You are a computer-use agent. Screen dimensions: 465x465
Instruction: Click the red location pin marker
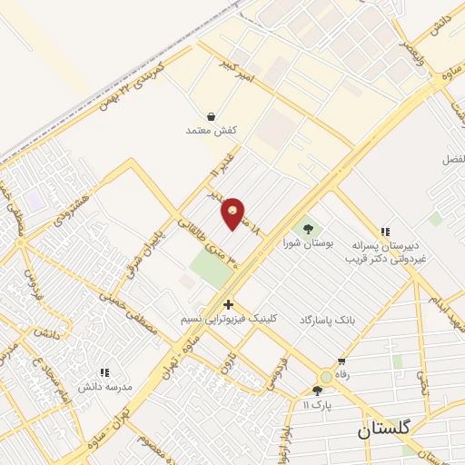coord(233,213)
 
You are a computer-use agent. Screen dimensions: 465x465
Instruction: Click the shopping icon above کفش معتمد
coord(211,116)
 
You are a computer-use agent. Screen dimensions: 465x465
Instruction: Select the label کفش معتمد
coord(211,131)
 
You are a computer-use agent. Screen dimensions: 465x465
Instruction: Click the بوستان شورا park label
coord(302,243)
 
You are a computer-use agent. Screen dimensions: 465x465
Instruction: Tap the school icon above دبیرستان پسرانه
coord(385,232)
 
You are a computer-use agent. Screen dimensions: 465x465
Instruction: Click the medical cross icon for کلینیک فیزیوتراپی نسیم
coord(228,304)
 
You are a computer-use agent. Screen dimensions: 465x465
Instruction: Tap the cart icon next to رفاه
coord(341,361)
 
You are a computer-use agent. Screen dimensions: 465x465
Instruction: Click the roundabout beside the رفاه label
coord(325,376)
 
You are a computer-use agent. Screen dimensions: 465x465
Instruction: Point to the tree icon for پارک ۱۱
coord(316,391)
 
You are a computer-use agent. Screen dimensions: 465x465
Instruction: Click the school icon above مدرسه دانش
coord(104,371)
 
